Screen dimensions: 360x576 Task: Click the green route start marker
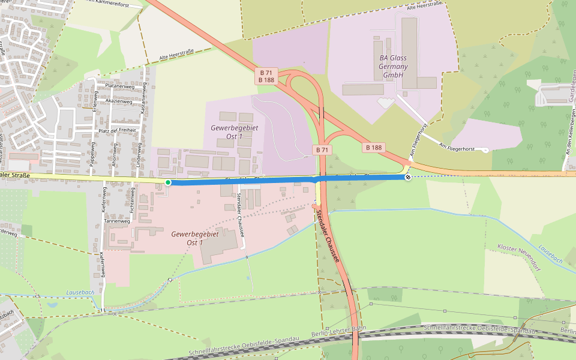[x=168, y=182]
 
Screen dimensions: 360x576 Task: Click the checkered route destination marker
[x=408, y=177]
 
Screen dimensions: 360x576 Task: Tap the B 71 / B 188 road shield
[x=266, y=76]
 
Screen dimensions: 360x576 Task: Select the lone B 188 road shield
[x=373, y=147]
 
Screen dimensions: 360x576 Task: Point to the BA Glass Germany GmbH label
[x=393, y=67]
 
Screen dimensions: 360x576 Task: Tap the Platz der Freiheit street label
[x=117, y=130]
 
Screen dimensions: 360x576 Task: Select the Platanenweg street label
[x=119, y=86]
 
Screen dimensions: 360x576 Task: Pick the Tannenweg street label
[x=117, y=221]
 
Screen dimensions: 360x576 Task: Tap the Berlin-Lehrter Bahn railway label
[x=339, y=332]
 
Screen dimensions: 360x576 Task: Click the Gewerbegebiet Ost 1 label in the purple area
[x=227, y=132]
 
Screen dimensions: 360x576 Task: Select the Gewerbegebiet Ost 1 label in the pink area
[x=187, y=238]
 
